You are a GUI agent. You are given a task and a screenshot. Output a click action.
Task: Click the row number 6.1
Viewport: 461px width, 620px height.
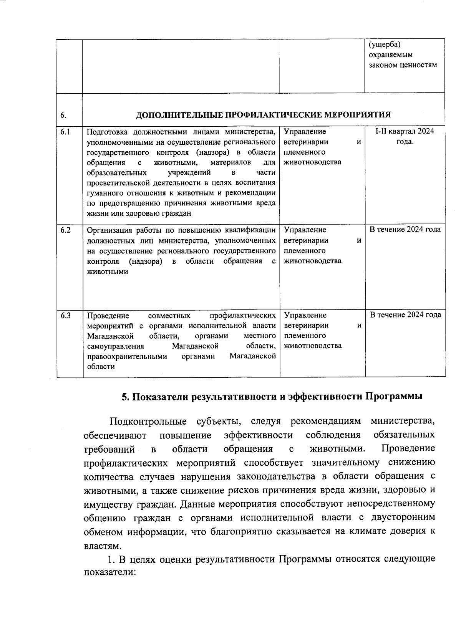tap(65, 132)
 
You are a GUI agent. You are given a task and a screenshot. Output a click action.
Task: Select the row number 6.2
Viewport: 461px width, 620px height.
tap(65, 230)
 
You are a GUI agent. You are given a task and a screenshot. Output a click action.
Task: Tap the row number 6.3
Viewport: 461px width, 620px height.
tap(65, 316)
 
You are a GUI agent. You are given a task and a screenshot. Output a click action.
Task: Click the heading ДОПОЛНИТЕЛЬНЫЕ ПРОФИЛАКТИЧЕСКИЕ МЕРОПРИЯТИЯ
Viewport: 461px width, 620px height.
tap(264, 115)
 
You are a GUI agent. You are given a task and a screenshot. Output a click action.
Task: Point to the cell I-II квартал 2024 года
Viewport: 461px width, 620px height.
tap(405, 136)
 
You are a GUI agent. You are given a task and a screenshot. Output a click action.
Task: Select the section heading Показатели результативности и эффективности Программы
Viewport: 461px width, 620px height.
tap(272, 397)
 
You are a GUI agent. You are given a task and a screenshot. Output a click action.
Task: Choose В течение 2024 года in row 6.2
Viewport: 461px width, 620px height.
tap(405, 230)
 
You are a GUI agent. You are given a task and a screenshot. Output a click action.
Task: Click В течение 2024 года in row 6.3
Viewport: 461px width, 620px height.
tap(405, 315)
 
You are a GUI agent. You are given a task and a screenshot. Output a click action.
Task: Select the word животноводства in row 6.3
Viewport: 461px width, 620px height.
tap(313, 346)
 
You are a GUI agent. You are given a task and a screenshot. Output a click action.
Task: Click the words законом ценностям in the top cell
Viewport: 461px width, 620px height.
tap(403, 65)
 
